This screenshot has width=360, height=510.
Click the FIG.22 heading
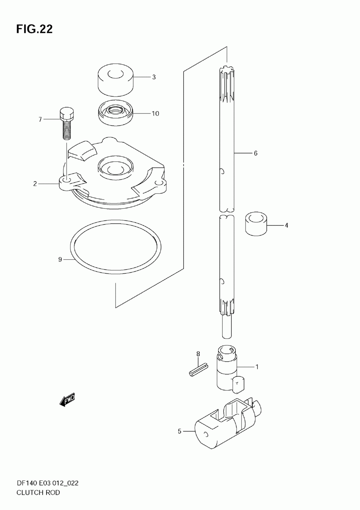(34, 29)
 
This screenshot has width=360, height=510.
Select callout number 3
(153, 77)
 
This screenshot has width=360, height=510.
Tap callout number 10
(155, 113)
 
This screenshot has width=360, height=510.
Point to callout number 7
(40, 119)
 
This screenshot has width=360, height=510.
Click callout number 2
(35, 184)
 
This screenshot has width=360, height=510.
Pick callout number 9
(60, 259)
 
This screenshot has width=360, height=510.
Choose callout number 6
(255, 153)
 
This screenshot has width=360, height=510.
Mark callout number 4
(286, 225)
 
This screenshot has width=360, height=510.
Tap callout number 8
(198, 354)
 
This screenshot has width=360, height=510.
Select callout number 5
(180, 431)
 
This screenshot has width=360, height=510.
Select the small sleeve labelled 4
(256, 224)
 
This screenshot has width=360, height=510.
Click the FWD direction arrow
(67, 399)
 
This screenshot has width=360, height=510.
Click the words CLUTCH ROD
(38, 492)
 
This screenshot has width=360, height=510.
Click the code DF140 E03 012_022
(47, 483)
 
